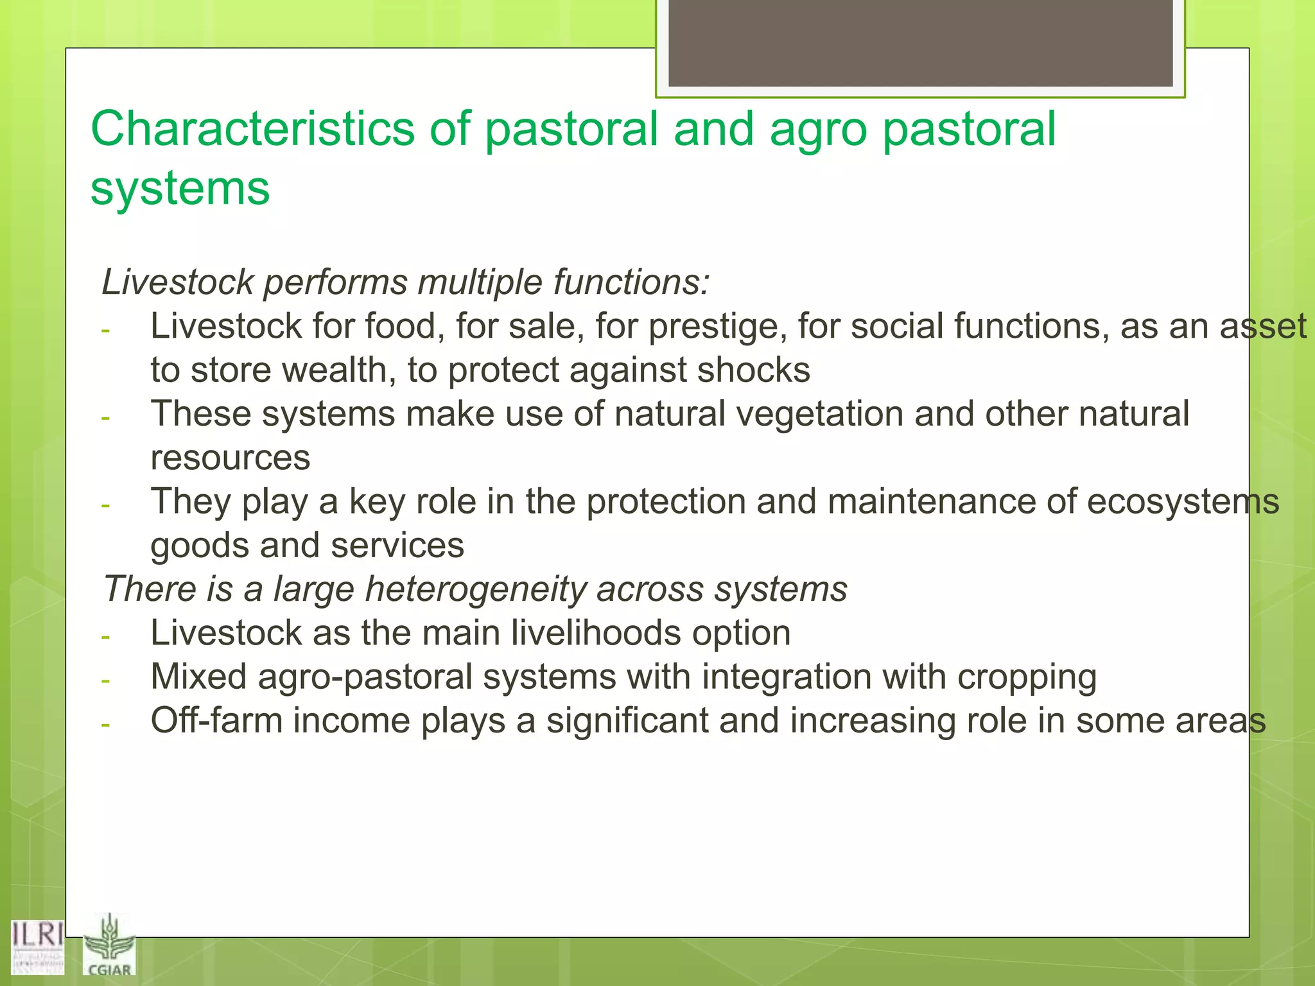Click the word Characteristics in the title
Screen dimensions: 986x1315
tap(252, 128)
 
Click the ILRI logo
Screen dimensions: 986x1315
tap(37, 946)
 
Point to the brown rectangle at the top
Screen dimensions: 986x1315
tap(920, 42)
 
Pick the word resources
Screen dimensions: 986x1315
tap(230, 458)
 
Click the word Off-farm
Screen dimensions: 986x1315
tap(216, 721)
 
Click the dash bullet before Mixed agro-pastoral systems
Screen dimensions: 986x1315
tap(106, 680)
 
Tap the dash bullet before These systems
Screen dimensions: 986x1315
tap(106, 418)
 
